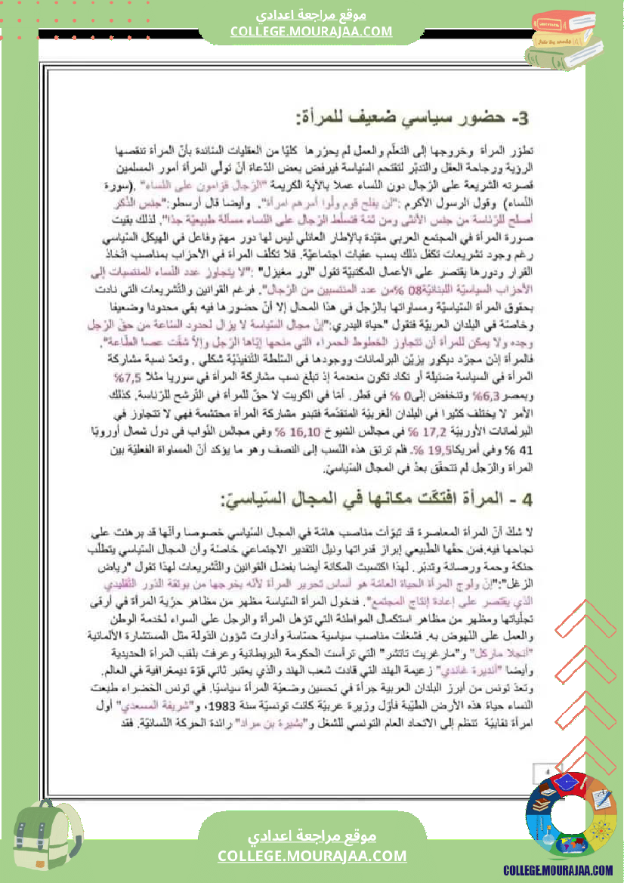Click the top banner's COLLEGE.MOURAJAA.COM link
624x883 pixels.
[312, 31]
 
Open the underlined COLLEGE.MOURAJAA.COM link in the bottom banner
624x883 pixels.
[312, 856]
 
